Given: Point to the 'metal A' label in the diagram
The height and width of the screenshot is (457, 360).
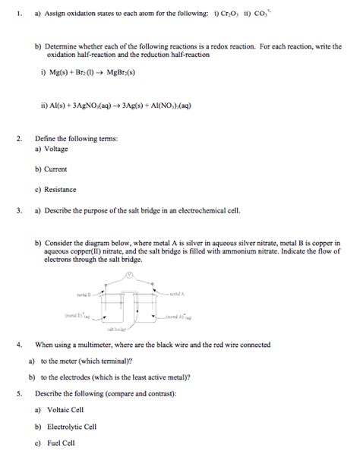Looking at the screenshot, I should [178, 292].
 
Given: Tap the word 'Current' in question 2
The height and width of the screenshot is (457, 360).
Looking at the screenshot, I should [57, 169].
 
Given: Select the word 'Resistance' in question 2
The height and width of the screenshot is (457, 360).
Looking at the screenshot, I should [62, 188].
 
